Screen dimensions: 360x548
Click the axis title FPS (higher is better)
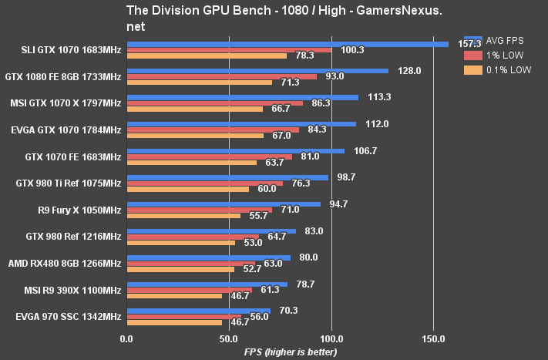[x=280, y=352]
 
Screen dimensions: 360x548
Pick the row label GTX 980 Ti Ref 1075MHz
[x=68, y=183]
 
